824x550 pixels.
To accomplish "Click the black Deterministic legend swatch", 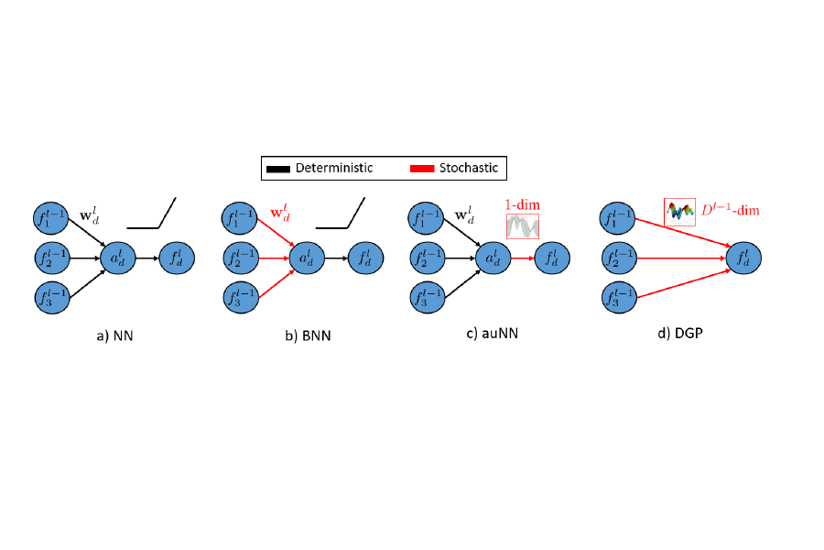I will (278, 168).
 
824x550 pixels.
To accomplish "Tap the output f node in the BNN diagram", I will (364, 259).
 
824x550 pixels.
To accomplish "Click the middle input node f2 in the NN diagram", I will (56, 259).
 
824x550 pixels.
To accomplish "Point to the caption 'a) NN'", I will (115, 335).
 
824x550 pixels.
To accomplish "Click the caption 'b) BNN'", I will (308, 335).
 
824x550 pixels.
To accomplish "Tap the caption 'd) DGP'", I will (678, 333).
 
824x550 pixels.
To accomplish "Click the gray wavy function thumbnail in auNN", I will (523, 225).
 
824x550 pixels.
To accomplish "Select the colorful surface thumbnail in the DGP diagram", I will (680, 212).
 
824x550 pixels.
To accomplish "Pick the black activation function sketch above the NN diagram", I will (152, 215).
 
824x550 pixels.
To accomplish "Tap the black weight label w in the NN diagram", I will (91, 217).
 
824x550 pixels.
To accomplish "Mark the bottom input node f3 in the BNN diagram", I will (244, 298).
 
